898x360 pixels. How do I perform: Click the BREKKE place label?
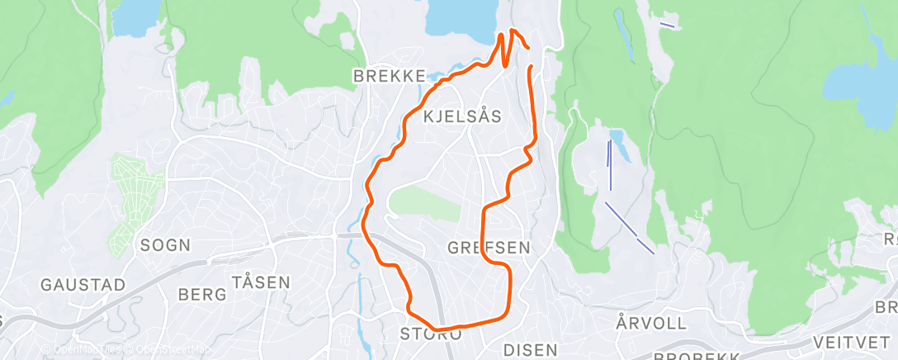click(x=389, y=76)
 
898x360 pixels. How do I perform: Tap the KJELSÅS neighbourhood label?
click(x=462, y=117)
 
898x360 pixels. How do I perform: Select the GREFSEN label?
click(x=489, y=247)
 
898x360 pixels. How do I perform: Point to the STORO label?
click(x=431, y=334)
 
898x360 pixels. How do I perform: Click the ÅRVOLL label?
click(x=645, y=320)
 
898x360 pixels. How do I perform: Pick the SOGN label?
click(x=165, y=245)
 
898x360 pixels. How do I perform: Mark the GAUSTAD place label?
click(x=83, y=285)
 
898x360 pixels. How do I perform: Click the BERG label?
click(x=201, y=294)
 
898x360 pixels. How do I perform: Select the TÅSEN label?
click(x=261, y=282)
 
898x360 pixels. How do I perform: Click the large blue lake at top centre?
click(x=463, y=18)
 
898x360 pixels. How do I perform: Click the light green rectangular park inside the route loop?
click(x=424, y=201)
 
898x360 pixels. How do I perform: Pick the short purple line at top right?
click(x=668, y=25)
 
